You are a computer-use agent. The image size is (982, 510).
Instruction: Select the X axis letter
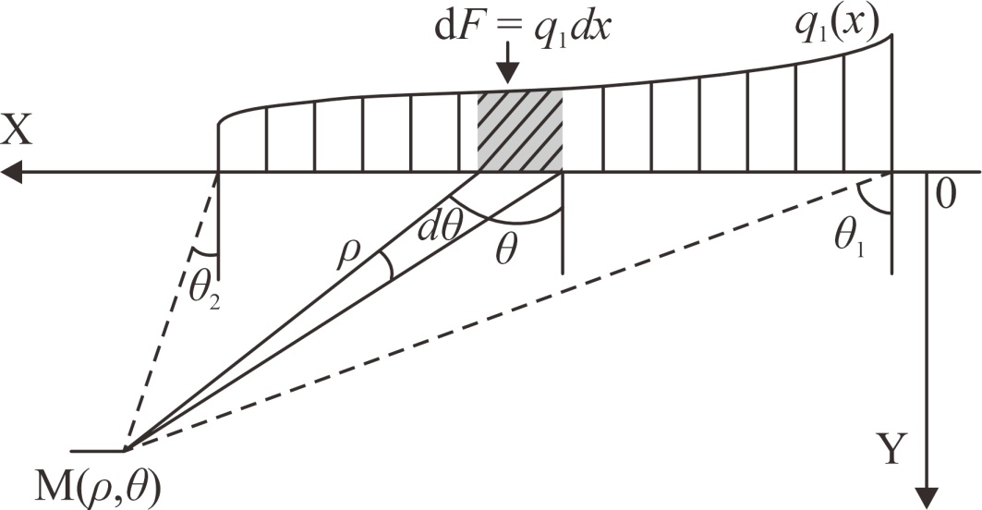click(18, 132)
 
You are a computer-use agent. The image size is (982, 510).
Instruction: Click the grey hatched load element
click(519, 130)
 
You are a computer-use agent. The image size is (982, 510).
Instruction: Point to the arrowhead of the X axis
click(11, 172)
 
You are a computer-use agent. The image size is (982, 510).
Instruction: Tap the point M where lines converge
click(126, 451)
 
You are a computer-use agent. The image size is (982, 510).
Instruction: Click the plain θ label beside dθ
click(504, 252)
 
